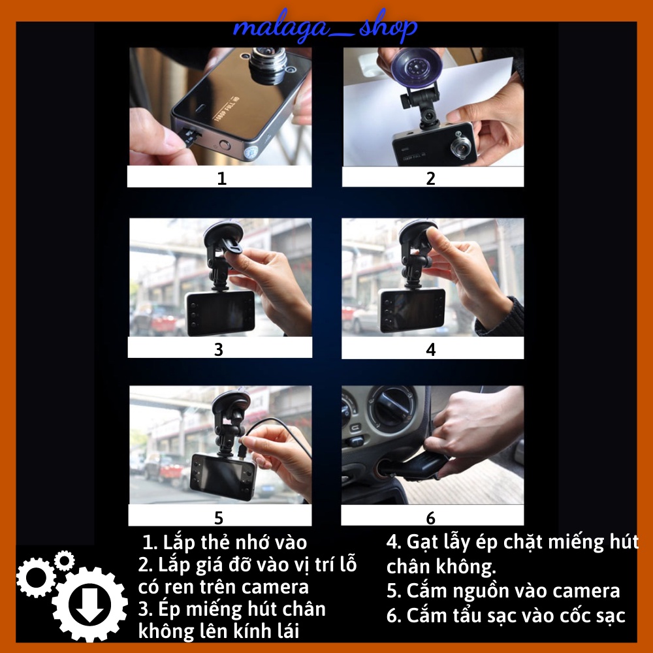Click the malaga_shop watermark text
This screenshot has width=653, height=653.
click(325, 28)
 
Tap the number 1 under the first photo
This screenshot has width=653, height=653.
click(221, 178)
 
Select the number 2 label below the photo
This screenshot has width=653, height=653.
click(430, 178)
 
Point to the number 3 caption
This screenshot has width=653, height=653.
click(218, 349)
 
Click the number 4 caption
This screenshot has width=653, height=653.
click(430, 349)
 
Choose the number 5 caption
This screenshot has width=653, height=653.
click(218, 518)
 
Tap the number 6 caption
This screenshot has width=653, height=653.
click(430, 518)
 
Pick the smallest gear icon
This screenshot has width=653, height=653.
click(64, 560)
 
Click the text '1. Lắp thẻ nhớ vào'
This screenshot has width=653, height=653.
click(225, 542)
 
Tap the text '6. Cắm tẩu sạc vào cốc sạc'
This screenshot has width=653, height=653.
click(506, 615)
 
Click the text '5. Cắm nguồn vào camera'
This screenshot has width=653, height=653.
click(503, 591)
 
